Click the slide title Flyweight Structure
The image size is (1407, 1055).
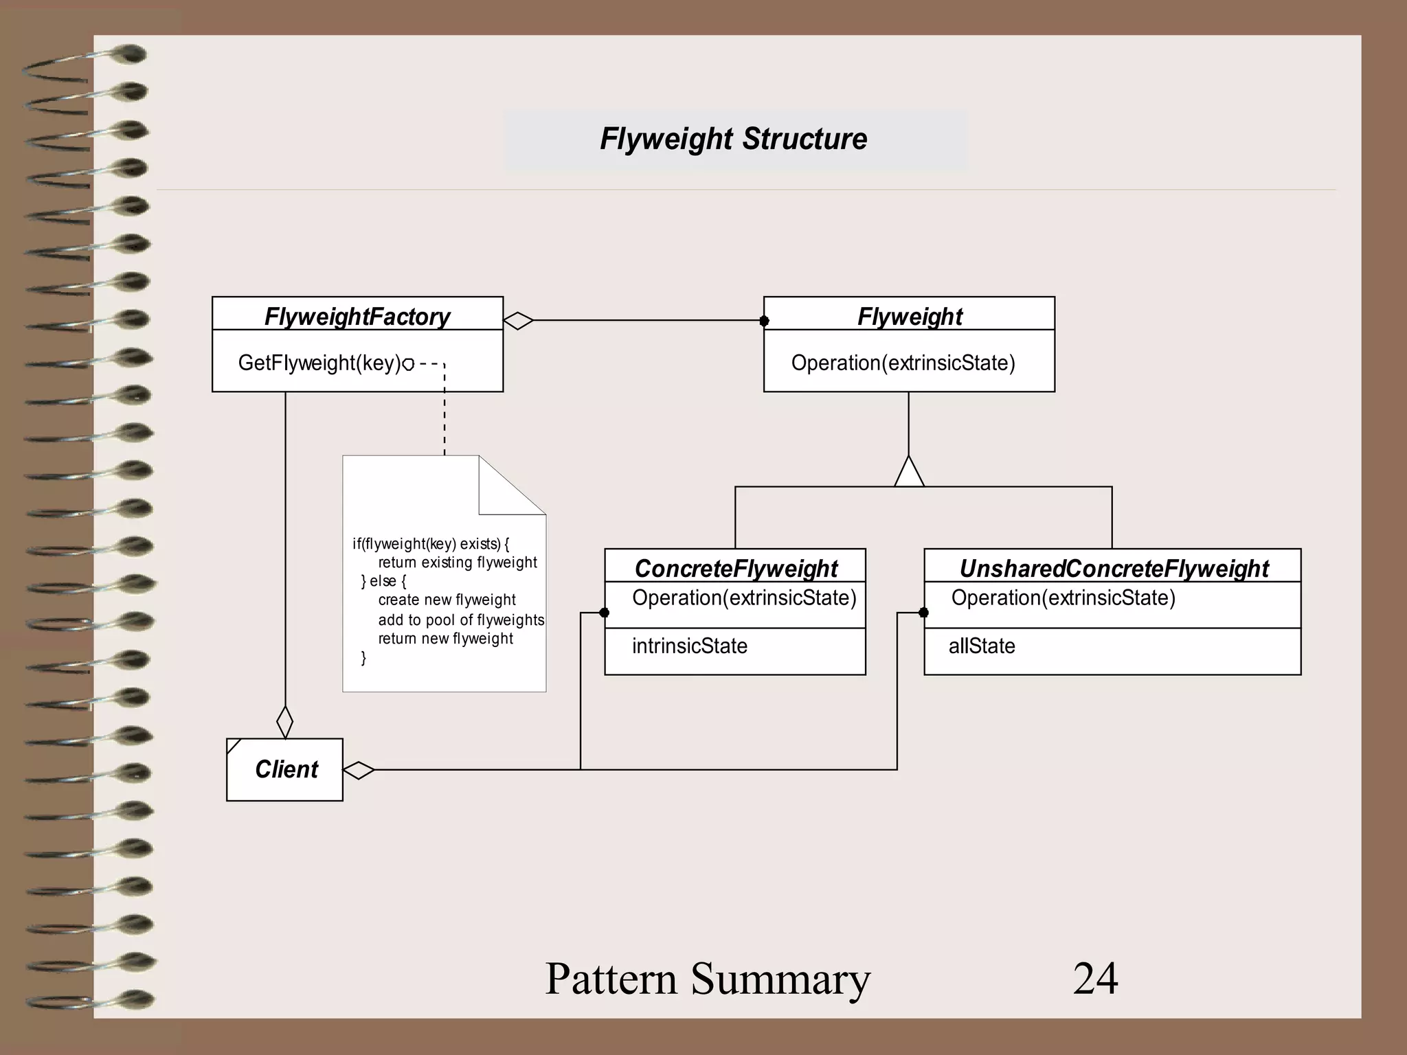(733, 139)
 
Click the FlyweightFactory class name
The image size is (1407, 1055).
(357, 317)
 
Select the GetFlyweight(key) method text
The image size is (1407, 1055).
(319, 363)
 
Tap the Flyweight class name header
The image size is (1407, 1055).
(910, 317)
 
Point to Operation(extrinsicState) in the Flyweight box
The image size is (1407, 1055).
(903, 363)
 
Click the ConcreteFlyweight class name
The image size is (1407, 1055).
(736, 568)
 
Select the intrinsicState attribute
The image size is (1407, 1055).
(689, 646)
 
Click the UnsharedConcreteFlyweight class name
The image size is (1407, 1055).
(1114, 568)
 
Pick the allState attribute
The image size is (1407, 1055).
(982, 646)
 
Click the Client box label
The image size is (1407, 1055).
(286, 769)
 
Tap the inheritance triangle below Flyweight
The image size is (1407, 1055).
(909, 473)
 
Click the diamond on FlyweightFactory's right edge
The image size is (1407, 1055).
(518, 321)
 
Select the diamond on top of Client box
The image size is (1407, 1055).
(284, 722)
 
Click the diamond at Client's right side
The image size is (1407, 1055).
(359, 770)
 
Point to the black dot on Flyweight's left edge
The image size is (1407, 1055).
(764, 321)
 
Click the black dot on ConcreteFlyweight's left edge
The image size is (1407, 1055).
(605, 613)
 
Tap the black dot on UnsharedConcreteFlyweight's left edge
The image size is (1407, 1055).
(924, 613)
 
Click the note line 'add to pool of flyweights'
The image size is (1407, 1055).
(461, 620)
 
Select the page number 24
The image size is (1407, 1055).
(1095, 978)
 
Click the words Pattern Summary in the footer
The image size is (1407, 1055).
(708, 978)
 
